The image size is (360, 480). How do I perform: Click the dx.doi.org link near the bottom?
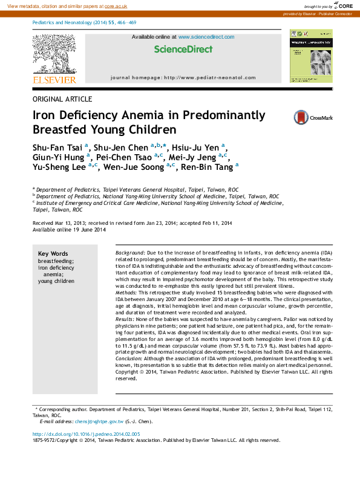86,434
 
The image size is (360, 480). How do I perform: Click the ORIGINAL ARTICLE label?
62,99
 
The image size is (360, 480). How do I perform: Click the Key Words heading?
53,254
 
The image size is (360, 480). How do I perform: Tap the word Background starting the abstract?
129,251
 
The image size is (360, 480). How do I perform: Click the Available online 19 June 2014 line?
69,230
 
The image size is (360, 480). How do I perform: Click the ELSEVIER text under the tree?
54,80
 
